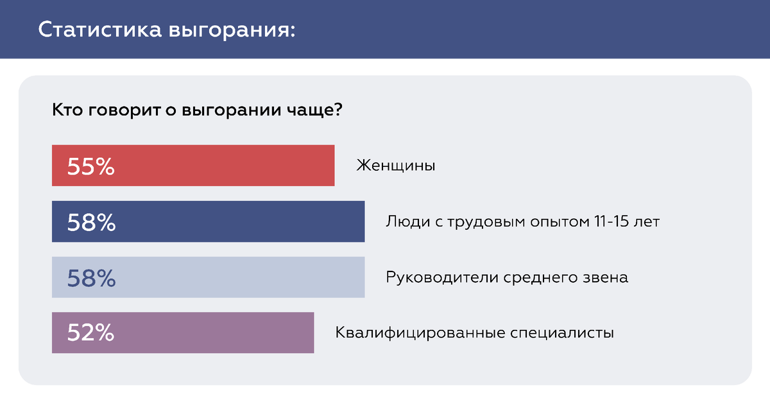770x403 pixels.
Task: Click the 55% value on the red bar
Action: click(90, 167)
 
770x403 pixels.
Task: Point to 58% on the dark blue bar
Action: click(91, 222)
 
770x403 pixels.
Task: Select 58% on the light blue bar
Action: click(91, 278)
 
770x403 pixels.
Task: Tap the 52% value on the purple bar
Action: click(90, 333)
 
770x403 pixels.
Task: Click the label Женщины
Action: click(395, 166)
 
